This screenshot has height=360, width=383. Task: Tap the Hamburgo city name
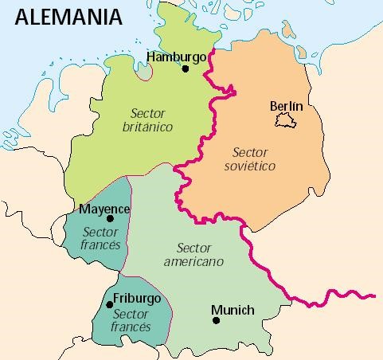176,57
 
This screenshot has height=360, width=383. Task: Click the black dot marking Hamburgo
186,69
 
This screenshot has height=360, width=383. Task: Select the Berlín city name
287,106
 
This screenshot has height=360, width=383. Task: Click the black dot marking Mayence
111,219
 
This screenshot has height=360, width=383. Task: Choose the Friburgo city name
137,298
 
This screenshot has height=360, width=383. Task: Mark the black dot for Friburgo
108,304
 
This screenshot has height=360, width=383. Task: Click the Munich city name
233,310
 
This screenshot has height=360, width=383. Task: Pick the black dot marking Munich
216,321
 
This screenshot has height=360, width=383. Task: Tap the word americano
193,261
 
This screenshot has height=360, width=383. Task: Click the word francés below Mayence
100,245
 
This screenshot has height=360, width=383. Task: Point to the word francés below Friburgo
131,327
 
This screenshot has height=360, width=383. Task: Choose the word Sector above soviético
250,152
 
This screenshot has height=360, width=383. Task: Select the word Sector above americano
193,248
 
